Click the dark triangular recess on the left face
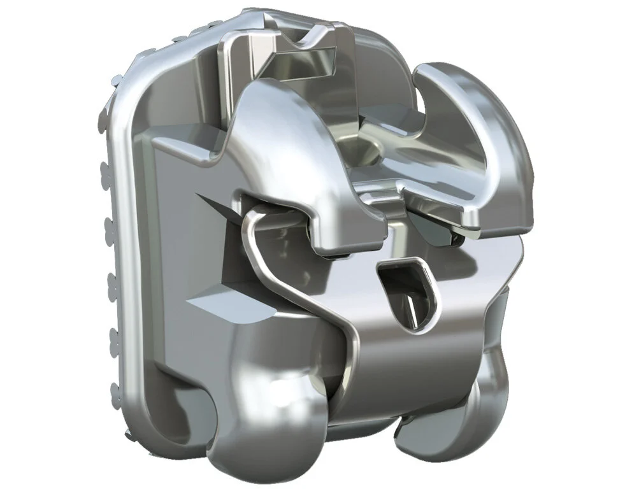(x=213, y=210)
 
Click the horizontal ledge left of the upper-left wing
(x=185, y=150)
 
